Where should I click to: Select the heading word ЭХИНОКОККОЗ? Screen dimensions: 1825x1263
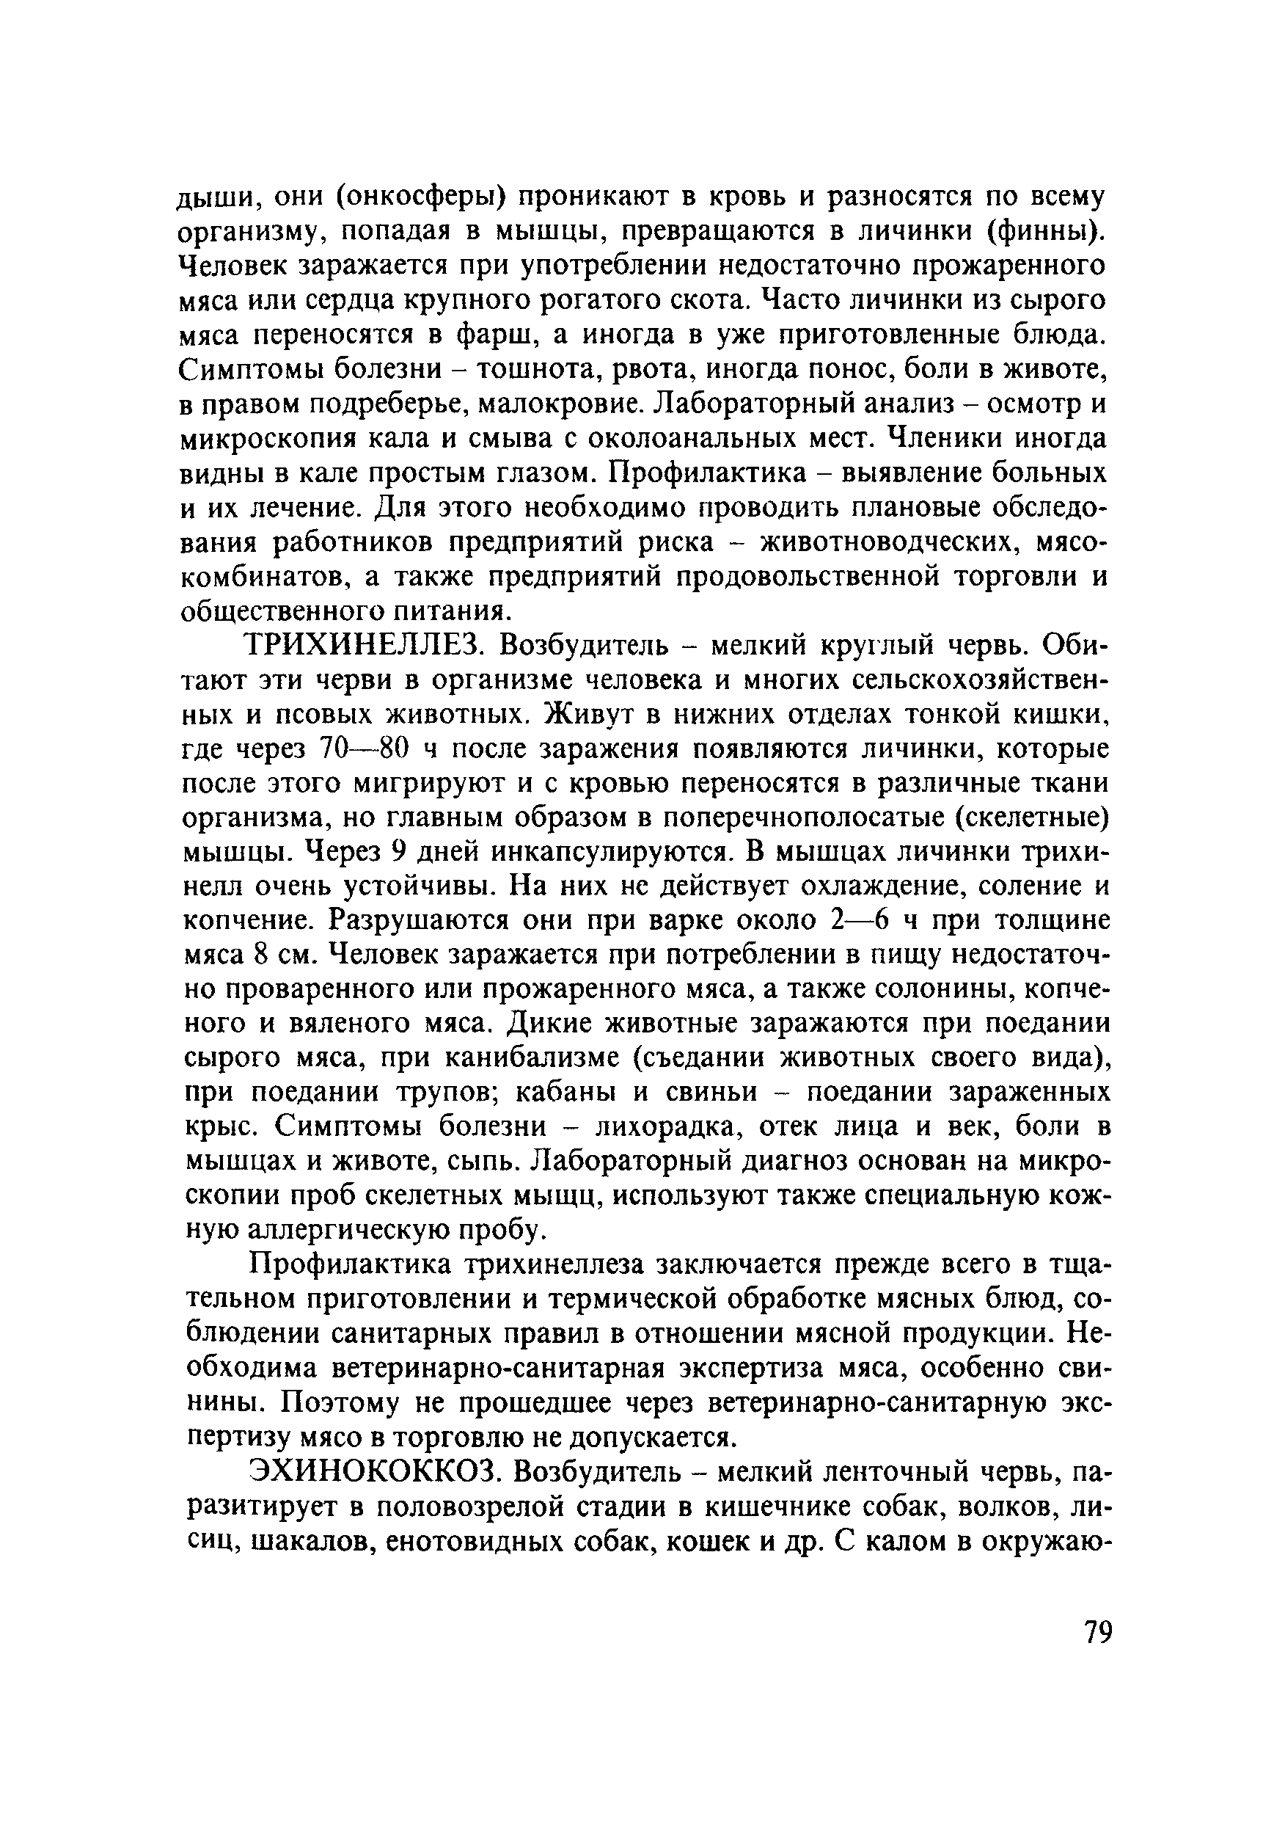click(x=375, y=1473)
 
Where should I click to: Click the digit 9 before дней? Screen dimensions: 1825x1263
click(x=399, y=852)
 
